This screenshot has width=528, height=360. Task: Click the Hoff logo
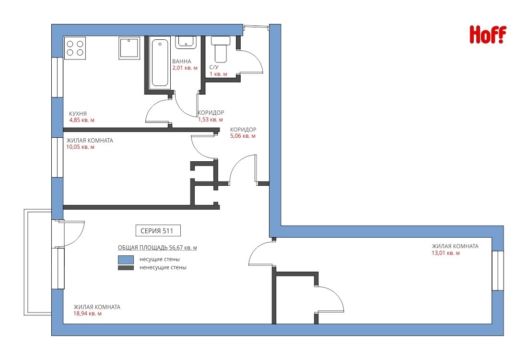coord(488,35)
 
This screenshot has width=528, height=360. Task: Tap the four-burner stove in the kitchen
coord(75,48)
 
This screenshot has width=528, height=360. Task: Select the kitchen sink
coord(129,48)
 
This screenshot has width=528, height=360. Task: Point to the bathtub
coord(160,63)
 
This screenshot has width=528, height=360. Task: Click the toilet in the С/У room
coord(221,49)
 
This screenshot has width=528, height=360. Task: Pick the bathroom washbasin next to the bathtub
coord(186,42)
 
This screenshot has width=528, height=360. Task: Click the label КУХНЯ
coord(78,114)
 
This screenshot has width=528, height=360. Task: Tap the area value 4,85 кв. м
coord(82,120)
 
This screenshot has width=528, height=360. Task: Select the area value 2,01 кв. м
coord(185,68)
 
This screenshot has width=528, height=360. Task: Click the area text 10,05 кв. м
coord(80,147)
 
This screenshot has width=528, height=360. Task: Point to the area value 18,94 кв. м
coord(88,313)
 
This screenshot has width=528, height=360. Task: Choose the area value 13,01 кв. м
coord(446,253)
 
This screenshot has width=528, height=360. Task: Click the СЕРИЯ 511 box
coord(157,231)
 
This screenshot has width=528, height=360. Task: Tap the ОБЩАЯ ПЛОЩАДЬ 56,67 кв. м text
coord(157,248)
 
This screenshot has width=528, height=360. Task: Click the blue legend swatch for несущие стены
coord(126,259)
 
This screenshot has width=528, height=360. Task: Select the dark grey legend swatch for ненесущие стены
coord(126,268)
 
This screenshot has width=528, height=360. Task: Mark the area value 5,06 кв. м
coord(243,136)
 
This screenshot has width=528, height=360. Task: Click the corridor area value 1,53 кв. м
coord(211,120)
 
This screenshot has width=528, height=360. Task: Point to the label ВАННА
coord(181,61)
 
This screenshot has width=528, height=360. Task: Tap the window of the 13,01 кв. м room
coord(498,270)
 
